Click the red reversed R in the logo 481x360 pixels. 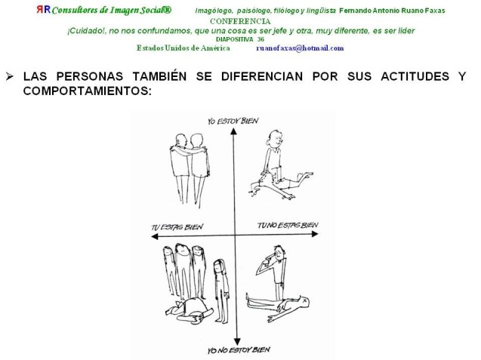point(40,10)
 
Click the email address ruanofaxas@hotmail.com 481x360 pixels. point(300,48)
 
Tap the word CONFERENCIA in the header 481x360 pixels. point(240,21)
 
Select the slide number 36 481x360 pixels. point(261,39)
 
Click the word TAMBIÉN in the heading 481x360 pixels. point(159,75)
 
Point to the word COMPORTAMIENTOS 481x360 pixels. point(88,91)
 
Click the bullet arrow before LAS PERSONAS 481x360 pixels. point(10,76)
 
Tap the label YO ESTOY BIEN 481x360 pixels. point(233,121)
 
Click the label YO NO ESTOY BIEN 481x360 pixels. point(239,350)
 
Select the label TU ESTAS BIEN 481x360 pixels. point(177,227)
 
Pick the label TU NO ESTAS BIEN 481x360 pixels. point(288,226)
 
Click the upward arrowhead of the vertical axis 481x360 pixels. point(234,131)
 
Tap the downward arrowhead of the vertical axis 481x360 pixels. point(237,342)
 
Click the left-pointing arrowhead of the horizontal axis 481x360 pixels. point(155,236)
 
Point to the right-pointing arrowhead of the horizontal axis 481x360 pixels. point(315,234)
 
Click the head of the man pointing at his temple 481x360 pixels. point(278,252)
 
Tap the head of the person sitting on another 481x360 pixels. point(275,139)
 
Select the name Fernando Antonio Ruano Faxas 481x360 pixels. point(392,11)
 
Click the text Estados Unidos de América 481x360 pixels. point(183,48)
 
